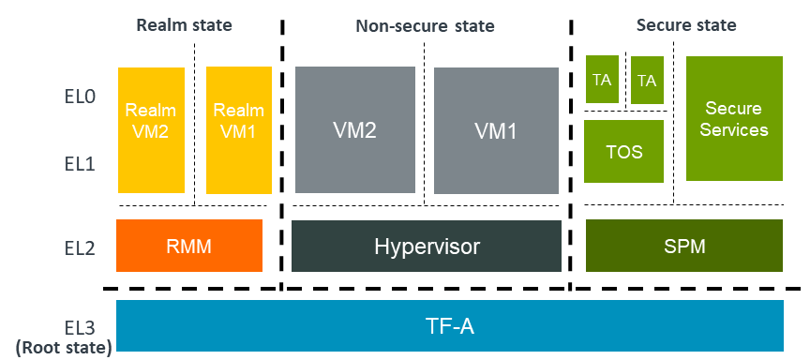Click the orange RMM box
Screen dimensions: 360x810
tap(188, 247)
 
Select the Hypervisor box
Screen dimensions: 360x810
tap(427, 247)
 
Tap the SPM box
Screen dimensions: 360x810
tap(683, 247)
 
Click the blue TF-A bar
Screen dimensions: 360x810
tap(450, 325)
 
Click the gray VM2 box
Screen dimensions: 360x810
tap(354, 129)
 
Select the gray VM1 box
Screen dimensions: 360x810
tap(495, 129)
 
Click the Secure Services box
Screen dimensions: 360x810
tap(735, 119)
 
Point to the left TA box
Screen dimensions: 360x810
tap(602, 80)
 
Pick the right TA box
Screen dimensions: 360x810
tap(646, 80)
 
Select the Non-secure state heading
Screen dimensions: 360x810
tap(424, 26)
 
